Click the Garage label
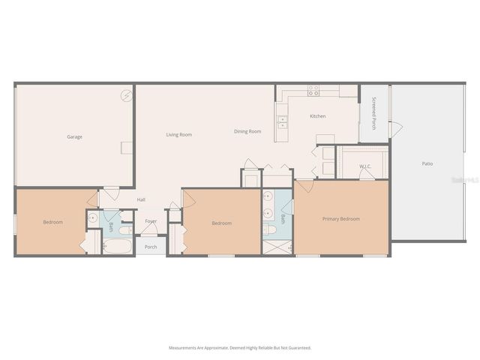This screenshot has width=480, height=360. coord(74,136)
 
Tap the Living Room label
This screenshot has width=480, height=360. coord(179,134)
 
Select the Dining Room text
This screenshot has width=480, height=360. coord(247,131)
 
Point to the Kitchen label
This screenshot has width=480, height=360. coord(318,116)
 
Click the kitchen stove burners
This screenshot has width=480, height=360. coord(313,90)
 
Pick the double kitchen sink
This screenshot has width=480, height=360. coord(282,121)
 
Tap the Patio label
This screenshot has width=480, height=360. coord(427,163)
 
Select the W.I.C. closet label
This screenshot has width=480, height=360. coord(365,166)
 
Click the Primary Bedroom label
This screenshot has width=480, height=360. coord(341,219)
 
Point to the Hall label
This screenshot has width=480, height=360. coord(141,199)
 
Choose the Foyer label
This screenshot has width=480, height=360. coord(151,221)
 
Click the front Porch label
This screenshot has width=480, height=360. coord(151,246)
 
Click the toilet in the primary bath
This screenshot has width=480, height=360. coord(268,229)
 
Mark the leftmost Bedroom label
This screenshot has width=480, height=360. coord(52,222)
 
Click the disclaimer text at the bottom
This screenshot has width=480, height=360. coord(240,348)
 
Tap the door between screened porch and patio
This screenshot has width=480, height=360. coord(395,129)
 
